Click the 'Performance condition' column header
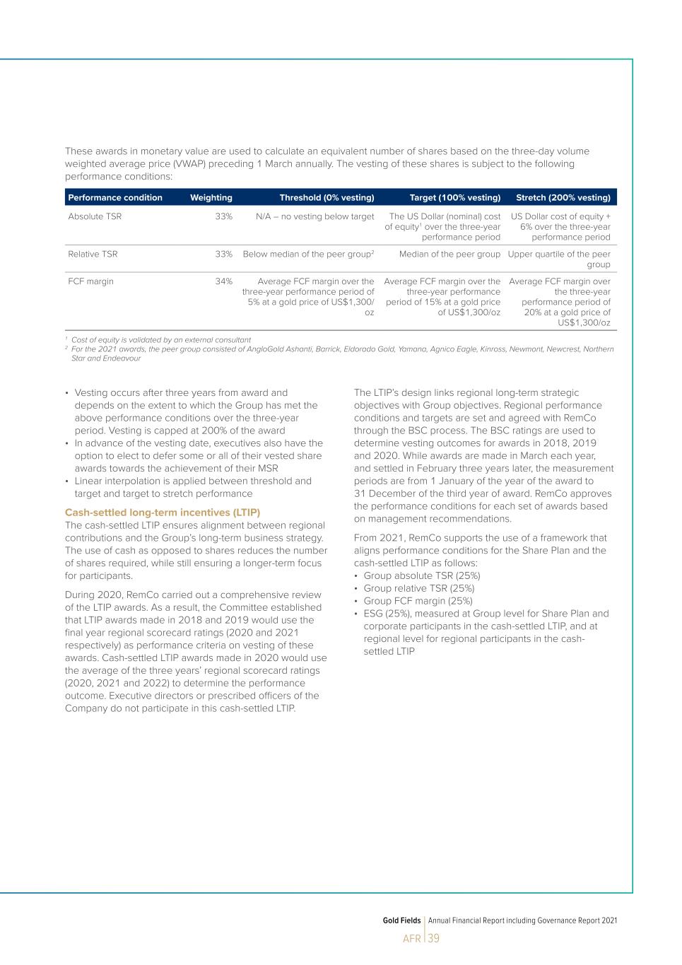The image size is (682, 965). point(115,198)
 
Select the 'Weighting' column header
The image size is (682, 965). point(211,198)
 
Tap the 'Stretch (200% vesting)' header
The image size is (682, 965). point(563,198)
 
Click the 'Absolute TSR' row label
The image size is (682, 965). point(95,216)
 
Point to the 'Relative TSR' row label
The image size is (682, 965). point(93,254)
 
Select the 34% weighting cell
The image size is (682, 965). point(223,281)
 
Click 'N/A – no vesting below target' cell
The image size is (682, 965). point(314,216)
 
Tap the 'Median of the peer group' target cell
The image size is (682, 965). point(449,254)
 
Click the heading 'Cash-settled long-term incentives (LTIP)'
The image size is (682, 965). point(163,512)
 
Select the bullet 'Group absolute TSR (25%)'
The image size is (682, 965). point(421,575)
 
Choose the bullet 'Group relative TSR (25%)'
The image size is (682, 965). point(418,588)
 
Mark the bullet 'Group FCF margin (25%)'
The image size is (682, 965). point(418,601)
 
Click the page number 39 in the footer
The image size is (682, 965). point(433,938)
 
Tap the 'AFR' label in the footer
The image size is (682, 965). point(411,939)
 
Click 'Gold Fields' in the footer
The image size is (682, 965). point(401,920)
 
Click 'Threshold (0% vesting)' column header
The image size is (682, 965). point(327,198)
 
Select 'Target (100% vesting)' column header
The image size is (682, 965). point(454,198)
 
